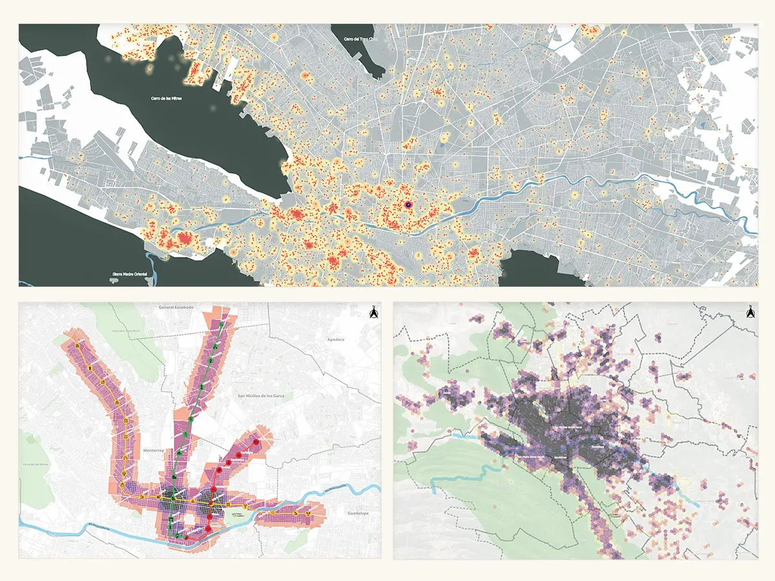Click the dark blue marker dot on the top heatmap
point(408,205)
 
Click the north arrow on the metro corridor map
point(373,314)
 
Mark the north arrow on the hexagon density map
point(750,314)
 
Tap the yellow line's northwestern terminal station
point(76,347)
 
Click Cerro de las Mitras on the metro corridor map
point(33,465)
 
